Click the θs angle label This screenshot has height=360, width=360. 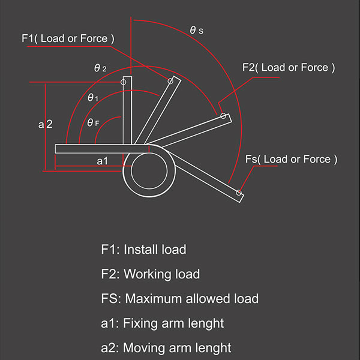(x=197, y=30)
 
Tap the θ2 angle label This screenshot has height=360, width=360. (x=100, y=68)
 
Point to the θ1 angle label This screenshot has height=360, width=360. (x=93, y=98)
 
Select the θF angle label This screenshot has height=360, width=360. (x=93, y=122)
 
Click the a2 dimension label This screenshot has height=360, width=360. (x=45, y=124)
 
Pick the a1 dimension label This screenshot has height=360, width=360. (x=102, y=161)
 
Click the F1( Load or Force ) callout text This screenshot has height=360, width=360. (x=68, y=38)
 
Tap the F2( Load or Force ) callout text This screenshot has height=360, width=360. (x=289, y=67)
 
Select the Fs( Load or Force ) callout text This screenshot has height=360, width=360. (x=292, y=160)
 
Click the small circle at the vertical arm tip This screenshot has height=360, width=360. (x=123, y=82)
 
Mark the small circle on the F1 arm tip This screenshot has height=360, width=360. (x=170, y=81)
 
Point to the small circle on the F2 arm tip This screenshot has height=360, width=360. (x=223, y=116)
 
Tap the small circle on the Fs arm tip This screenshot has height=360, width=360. (x=239, y=193)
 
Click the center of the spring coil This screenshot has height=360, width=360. (x=149, y=171)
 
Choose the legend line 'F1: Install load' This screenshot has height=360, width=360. (x=143, y=250)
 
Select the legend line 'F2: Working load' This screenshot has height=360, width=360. (x=151, y=274)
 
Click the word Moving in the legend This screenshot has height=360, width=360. (x=144, y=348)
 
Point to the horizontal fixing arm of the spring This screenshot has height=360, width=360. (x=101, y=149)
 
